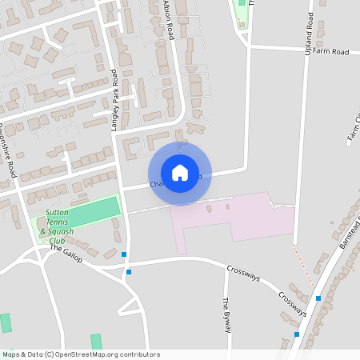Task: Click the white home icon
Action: tap(180, 173)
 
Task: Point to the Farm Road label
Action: tap(331, 51)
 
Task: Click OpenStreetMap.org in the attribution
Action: tap(90, 354)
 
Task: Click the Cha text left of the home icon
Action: tap(158, 184)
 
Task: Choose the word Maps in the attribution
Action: tap(11, 354)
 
